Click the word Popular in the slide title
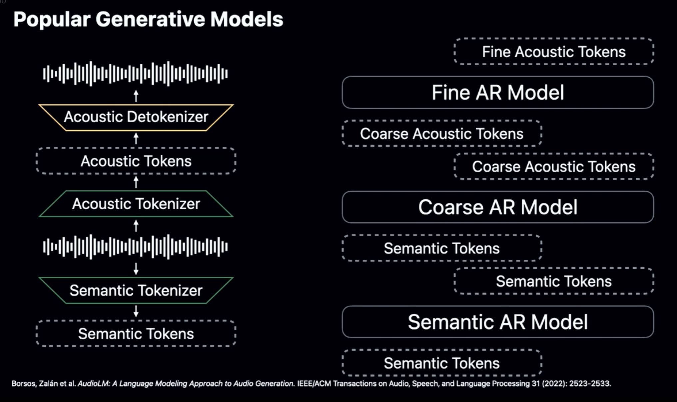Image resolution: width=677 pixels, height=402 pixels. [x=52, y=20]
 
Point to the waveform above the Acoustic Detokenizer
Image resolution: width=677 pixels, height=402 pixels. [x=135, y=74]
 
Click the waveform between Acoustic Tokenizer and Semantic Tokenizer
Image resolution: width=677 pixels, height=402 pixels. [x=135, y=247]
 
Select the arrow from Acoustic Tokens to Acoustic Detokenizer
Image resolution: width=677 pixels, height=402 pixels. [x=136, y=138]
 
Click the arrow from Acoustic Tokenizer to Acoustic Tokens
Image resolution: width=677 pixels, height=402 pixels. [x=136, y=182]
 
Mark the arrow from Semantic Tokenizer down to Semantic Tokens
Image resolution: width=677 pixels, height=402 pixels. [x=136, y=311]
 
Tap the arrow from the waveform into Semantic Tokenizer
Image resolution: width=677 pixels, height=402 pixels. [x=136, y=268]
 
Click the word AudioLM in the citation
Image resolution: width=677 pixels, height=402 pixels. [x=93, y=384]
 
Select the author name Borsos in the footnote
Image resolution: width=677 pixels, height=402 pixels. [x=23, y=384]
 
